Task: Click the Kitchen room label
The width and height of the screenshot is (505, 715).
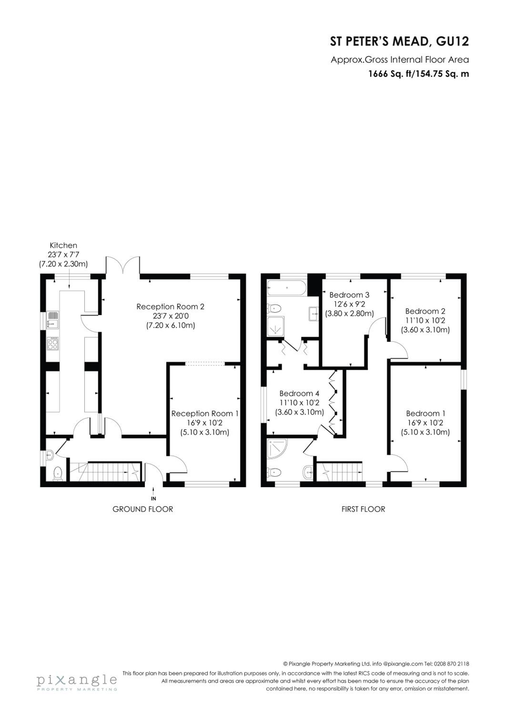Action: (x=63, y=245)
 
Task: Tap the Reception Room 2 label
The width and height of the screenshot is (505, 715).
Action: (x=171, y=307)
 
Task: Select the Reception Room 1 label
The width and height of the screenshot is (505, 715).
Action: (x=205, y=414)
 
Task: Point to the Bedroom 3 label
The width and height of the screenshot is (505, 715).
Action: (x=349, y=295)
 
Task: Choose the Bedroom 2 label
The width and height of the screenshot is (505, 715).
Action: (x=425, y=311)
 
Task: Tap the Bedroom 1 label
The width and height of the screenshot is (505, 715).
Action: (x=426, y=414)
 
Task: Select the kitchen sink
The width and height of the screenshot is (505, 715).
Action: (x=53, y=320)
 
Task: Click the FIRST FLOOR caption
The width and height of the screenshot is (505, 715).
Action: (x=364, y=509)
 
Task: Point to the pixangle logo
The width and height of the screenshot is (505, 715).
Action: (x=77, y=682)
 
